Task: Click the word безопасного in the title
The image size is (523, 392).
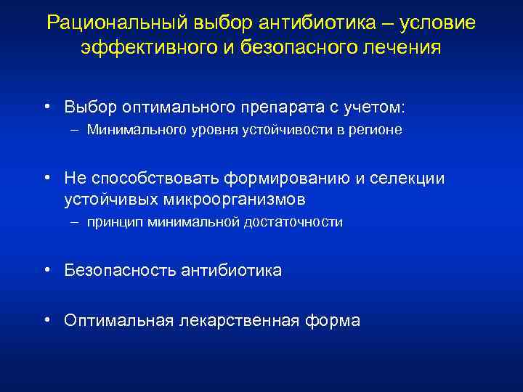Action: pos(301,49)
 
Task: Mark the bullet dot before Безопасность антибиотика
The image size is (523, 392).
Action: pos(46,271)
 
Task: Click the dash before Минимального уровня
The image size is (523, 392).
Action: pos(76,131)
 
